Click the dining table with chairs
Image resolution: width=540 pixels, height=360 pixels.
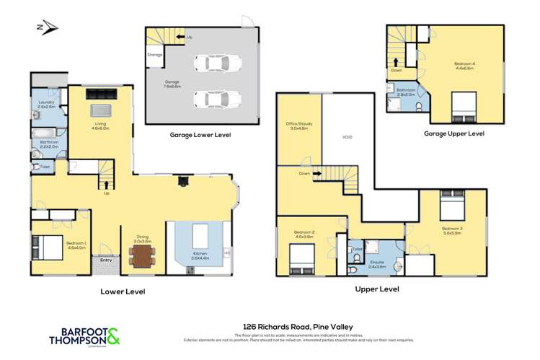[141, 253]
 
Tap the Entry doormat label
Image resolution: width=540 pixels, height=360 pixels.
[106, 260]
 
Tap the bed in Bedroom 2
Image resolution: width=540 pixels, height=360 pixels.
[299, 254]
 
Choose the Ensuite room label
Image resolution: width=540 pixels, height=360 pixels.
[377, 263]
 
